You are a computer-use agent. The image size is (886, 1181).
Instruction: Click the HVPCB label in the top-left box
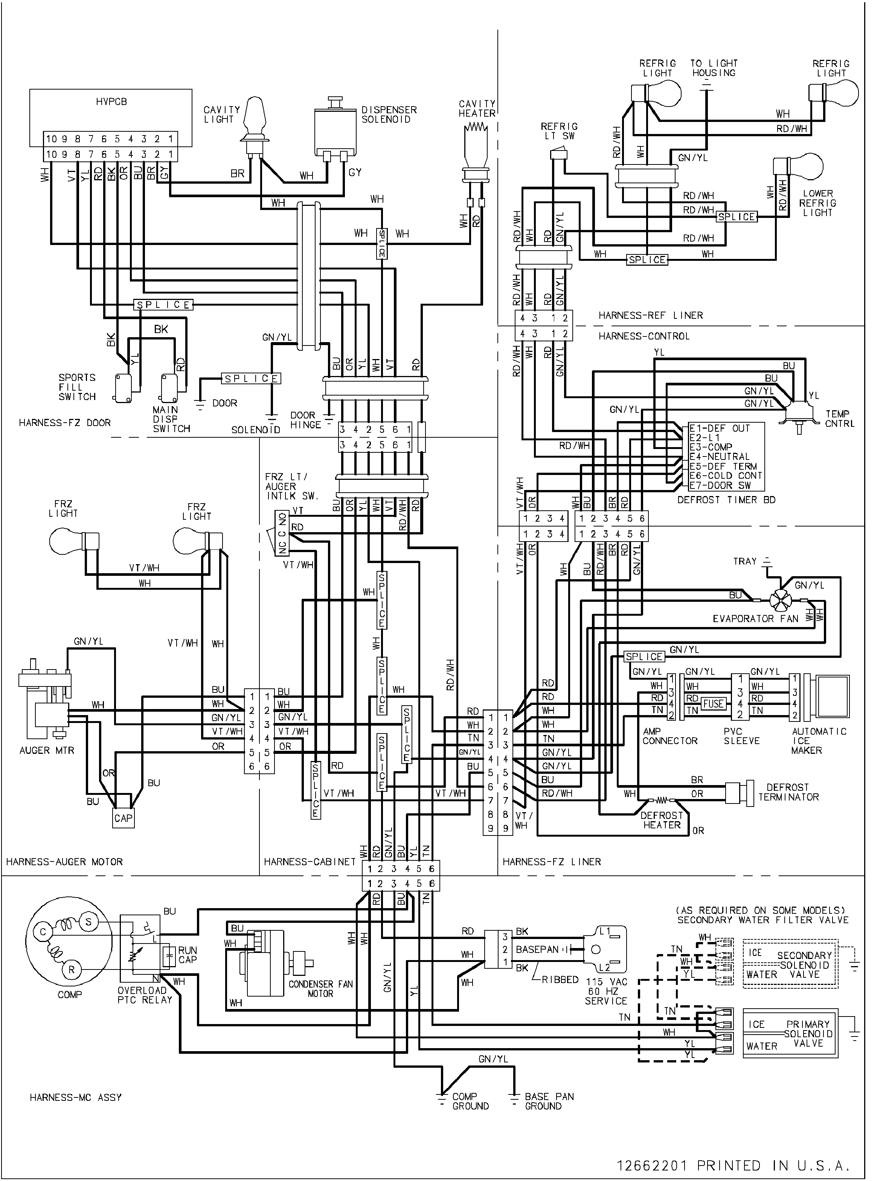(111, 102)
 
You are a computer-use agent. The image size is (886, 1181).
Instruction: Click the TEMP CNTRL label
(840, 418)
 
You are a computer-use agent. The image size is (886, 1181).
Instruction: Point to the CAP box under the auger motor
(124, 818)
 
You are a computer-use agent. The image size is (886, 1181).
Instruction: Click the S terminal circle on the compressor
(88, 922)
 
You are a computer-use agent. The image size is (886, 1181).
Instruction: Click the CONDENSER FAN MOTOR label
(320, 988)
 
